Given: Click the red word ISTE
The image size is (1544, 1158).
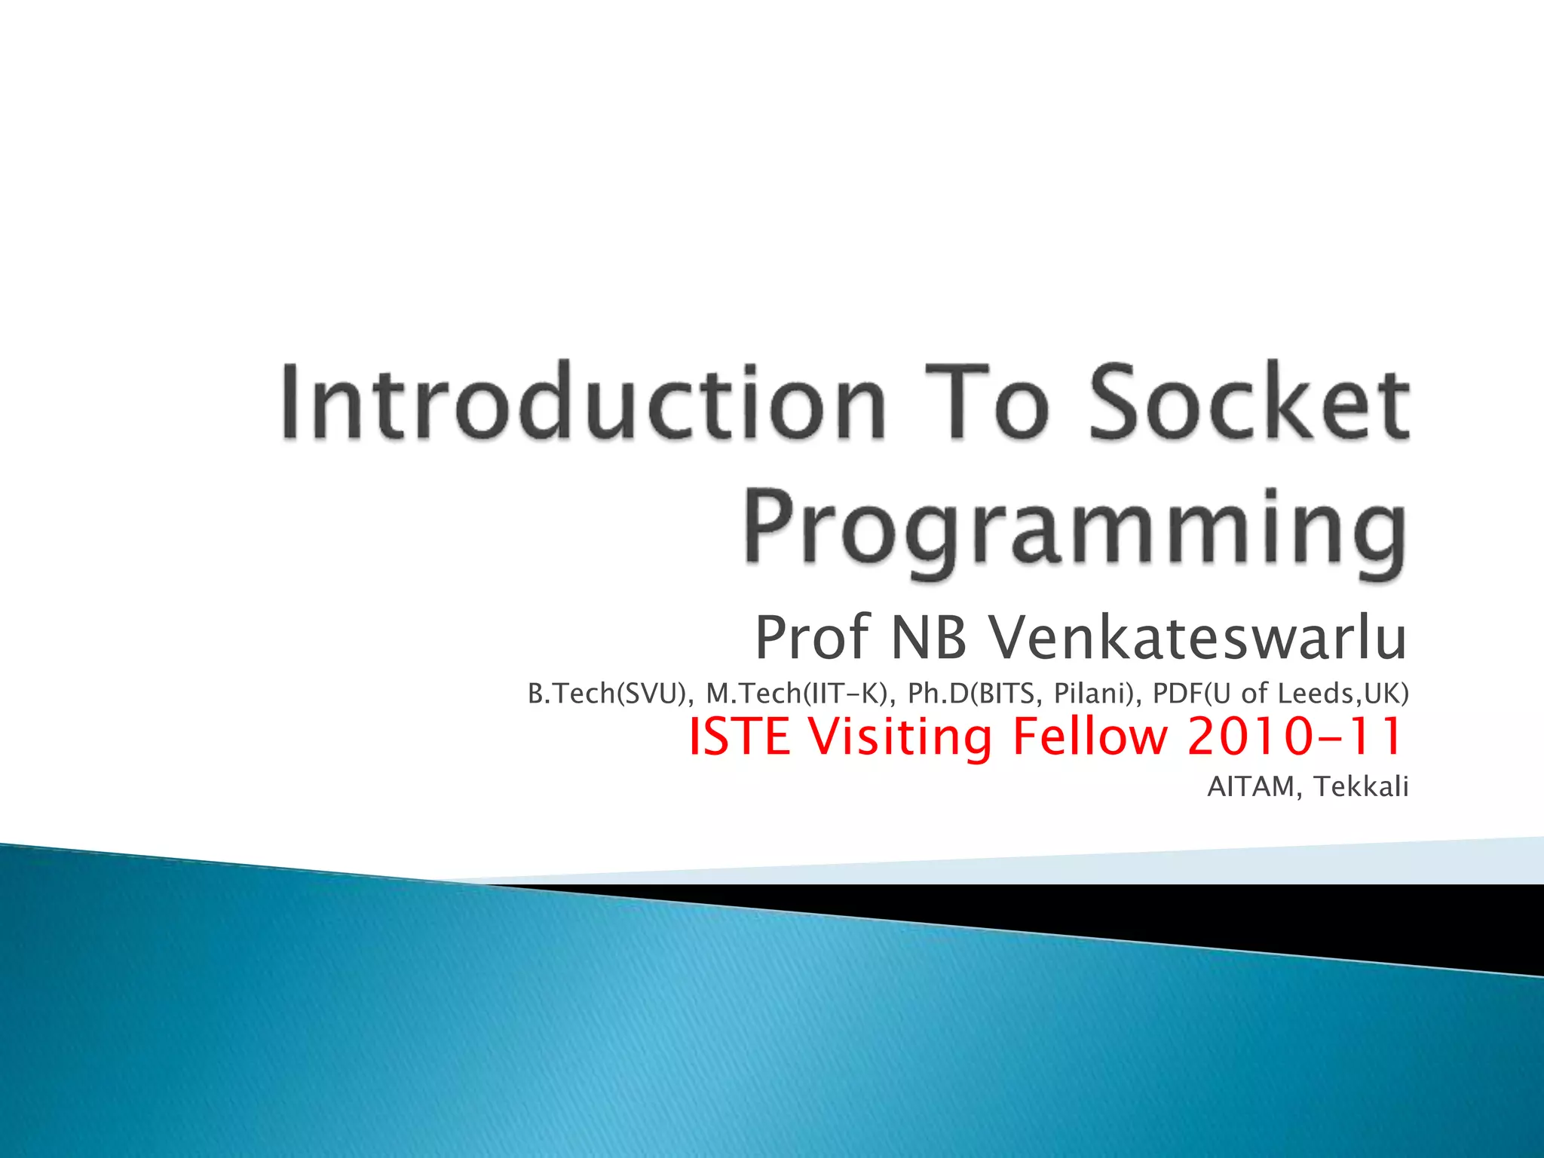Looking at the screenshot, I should coord(740,737).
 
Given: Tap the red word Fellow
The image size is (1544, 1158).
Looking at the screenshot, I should coord(1090,737).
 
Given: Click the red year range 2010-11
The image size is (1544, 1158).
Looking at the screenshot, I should coord(1294,737).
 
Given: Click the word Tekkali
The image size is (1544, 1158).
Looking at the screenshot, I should coord(1361,787).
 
